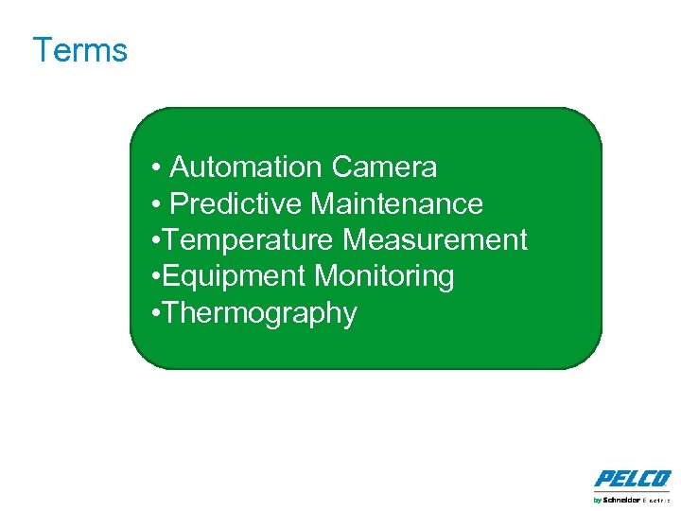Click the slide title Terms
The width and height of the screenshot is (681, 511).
[79, 49]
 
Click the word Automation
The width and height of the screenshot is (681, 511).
[246, 167]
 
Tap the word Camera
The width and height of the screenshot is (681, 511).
[384, 167]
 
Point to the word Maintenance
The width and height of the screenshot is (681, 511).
[397, 204]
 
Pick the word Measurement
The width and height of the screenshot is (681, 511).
[435, 240]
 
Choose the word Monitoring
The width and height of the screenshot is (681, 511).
[384, 276]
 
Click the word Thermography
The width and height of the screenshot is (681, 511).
[259, 313]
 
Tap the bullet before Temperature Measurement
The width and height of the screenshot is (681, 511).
[154, 241]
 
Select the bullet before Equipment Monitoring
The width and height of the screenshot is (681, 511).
[154, 277]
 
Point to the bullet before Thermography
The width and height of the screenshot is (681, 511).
[154, 313]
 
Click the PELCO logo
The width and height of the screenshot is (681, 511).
[633, 479]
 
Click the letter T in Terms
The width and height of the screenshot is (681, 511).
[42, 49]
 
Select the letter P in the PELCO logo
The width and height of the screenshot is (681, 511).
[602, 479]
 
